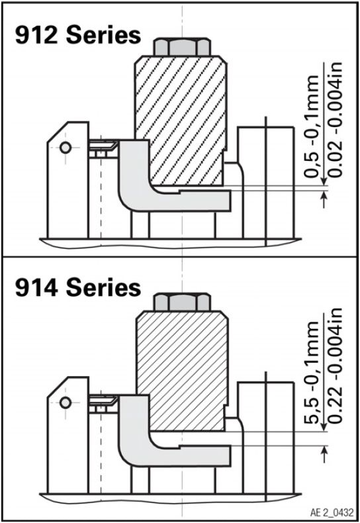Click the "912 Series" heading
point(78,35)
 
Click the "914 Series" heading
point(78,287)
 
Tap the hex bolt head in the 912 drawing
point(182,47)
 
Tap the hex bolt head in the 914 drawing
point(182,302)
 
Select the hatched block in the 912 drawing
point(181,120)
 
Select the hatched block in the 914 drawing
point(183,370)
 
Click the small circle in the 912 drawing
point(66,148)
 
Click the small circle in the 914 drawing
point(66,403)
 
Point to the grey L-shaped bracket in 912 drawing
point(133,197)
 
